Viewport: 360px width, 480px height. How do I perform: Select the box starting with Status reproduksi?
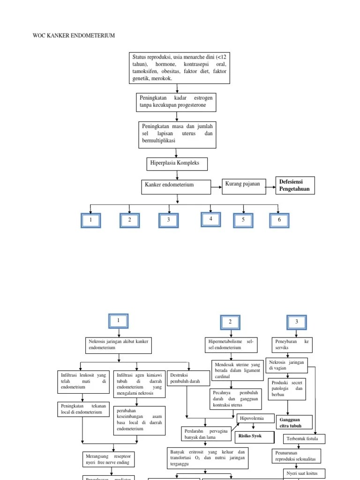[180, 68]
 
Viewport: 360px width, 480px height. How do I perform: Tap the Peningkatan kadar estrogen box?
[176, 102]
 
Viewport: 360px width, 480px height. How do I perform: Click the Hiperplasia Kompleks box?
[177, 164]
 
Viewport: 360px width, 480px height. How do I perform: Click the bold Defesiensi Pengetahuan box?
[295, 186]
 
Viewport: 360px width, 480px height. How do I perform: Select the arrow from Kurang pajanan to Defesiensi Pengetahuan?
[269, 186]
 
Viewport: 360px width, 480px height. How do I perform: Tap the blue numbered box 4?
[211, 219]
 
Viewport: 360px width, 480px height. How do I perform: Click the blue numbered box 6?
[279, 220]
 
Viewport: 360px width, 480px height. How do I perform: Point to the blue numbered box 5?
[243, 220]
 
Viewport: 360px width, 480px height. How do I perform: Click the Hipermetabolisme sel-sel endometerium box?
[231, 345]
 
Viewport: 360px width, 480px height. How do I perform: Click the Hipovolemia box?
[255, 418]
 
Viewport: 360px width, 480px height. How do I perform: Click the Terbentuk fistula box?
[304, 439]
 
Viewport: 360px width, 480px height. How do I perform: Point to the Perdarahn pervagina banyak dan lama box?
[206, 434]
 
